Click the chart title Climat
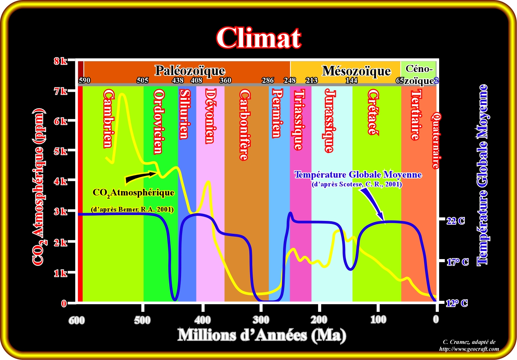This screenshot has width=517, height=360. (258, 38)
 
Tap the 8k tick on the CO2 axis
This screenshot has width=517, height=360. (61, 61)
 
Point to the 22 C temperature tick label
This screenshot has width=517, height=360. (455, 221)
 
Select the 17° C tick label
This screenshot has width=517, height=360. (457, 262)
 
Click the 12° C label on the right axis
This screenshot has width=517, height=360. (456, 303)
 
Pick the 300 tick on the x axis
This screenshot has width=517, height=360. (261, 320)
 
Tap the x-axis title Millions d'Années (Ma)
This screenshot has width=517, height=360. (261, 335)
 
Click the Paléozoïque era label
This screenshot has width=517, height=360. (189, 70)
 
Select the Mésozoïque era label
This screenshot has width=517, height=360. (356, 70)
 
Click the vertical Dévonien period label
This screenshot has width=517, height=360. (210, 115)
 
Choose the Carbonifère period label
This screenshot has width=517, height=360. (244, 125)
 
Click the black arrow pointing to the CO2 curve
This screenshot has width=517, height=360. (141, 177)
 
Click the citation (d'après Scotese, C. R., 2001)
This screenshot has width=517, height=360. (357, 184)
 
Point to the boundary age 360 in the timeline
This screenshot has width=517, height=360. (225, 80)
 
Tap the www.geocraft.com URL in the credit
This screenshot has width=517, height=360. (469, 349)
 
